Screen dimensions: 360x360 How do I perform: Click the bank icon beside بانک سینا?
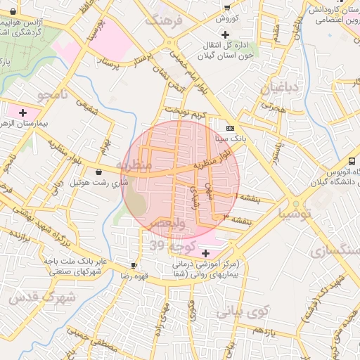[231, 128]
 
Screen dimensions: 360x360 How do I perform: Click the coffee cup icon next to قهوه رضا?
[134, 265]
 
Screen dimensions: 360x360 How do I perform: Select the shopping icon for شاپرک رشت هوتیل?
[97, 172]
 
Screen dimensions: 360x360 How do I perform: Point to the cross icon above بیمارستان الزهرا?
[23, 112]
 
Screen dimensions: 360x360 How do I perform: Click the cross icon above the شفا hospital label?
[205, 253]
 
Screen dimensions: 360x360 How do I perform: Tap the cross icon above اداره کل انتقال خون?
[225, 34]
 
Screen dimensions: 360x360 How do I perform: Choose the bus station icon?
[352, 161]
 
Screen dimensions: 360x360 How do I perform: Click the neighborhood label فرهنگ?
[163, 20]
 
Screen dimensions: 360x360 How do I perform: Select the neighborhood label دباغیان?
[281, 89]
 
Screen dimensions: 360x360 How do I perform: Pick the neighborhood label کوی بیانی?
[243, 310]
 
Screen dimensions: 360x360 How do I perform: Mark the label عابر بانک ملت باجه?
[75, 261]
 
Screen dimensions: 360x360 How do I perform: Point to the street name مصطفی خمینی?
[93, 345]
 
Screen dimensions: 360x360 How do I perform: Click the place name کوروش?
[227, 18]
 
